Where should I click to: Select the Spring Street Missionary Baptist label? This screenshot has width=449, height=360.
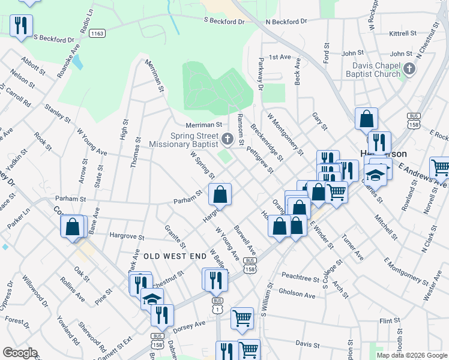[x=186, y=140]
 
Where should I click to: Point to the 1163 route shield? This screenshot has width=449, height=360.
[x=97, y=34]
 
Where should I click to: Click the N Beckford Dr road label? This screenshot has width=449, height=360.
[x=286, y=22]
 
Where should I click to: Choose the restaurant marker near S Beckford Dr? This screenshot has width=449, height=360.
[x=22, y=25]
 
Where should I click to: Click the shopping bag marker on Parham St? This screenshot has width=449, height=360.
[x=220, y=194]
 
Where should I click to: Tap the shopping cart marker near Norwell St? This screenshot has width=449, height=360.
[x=441, y=167]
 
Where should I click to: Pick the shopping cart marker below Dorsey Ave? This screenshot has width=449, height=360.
[x=242, y=318]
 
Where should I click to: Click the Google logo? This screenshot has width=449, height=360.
[x=20, y=353]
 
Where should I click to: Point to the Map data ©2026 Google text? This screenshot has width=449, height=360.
[x=411, y=355]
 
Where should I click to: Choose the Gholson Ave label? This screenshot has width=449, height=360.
[x=300, y=295]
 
